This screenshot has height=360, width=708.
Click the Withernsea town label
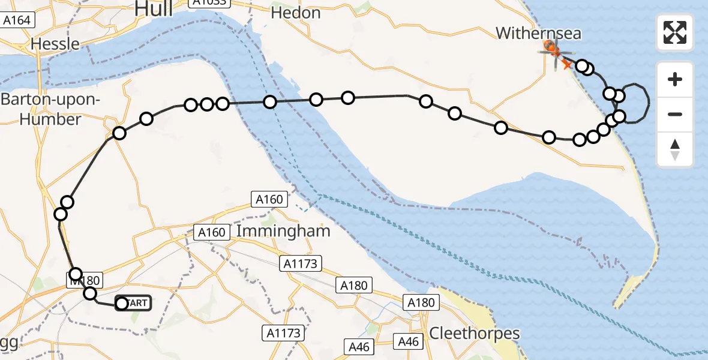tap(538, 33)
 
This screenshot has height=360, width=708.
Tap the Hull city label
tap(154, 8)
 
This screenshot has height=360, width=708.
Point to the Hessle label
tap(55, 44)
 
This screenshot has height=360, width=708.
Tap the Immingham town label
tap(283, 231)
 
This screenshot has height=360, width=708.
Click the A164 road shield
tap(17, 20)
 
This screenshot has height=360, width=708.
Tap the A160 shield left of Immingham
tap(211, 232)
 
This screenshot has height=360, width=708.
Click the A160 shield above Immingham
tap(270, 199)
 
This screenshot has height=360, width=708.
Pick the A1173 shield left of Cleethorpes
tap(284, 332)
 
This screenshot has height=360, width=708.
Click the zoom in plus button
tap(675, 79)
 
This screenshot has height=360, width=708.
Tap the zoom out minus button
tap(675, 114)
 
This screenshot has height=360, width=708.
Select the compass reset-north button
tap(675, 149)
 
